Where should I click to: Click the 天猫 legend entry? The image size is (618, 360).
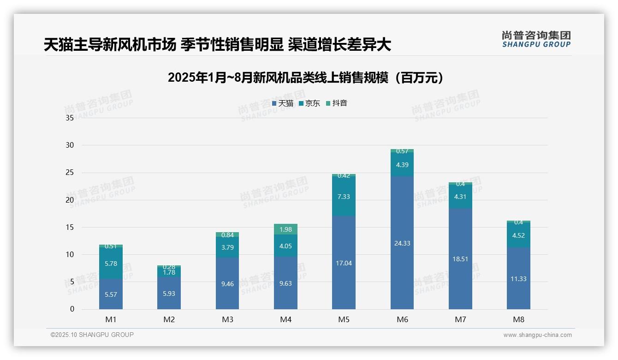click(283, 103)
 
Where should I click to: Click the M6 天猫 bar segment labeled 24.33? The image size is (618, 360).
click(402, 243)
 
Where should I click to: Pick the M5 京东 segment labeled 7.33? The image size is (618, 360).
click(344, 197)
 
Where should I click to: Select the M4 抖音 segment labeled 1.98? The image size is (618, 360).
click(285, 229)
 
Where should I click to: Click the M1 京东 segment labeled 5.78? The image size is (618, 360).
click(111, 263)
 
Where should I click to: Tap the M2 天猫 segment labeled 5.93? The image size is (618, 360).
click(169, 293)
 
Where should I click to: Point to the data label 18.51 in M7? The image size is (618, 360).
click(460, 259)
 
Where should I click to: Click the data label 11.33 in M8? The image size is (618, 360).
click(518, 279)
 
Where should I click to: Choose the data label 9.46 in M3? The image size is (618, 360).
click(227, 284)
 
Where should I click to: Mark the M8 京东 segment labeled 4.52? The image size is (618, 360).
click(518, 235)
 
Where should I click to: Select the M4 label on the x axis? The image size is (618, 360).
click(285, 319)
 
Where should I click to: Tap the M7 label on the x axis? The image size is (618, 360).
click(460, 319)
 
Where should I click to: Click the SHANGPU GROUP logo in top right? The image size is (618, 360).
click(536, 39)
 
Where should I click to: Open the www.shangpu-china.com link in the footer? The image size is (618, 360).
click(537, 335)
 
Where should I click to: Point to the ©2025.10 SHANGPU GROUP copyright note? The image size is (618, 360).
click(92, 335)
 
